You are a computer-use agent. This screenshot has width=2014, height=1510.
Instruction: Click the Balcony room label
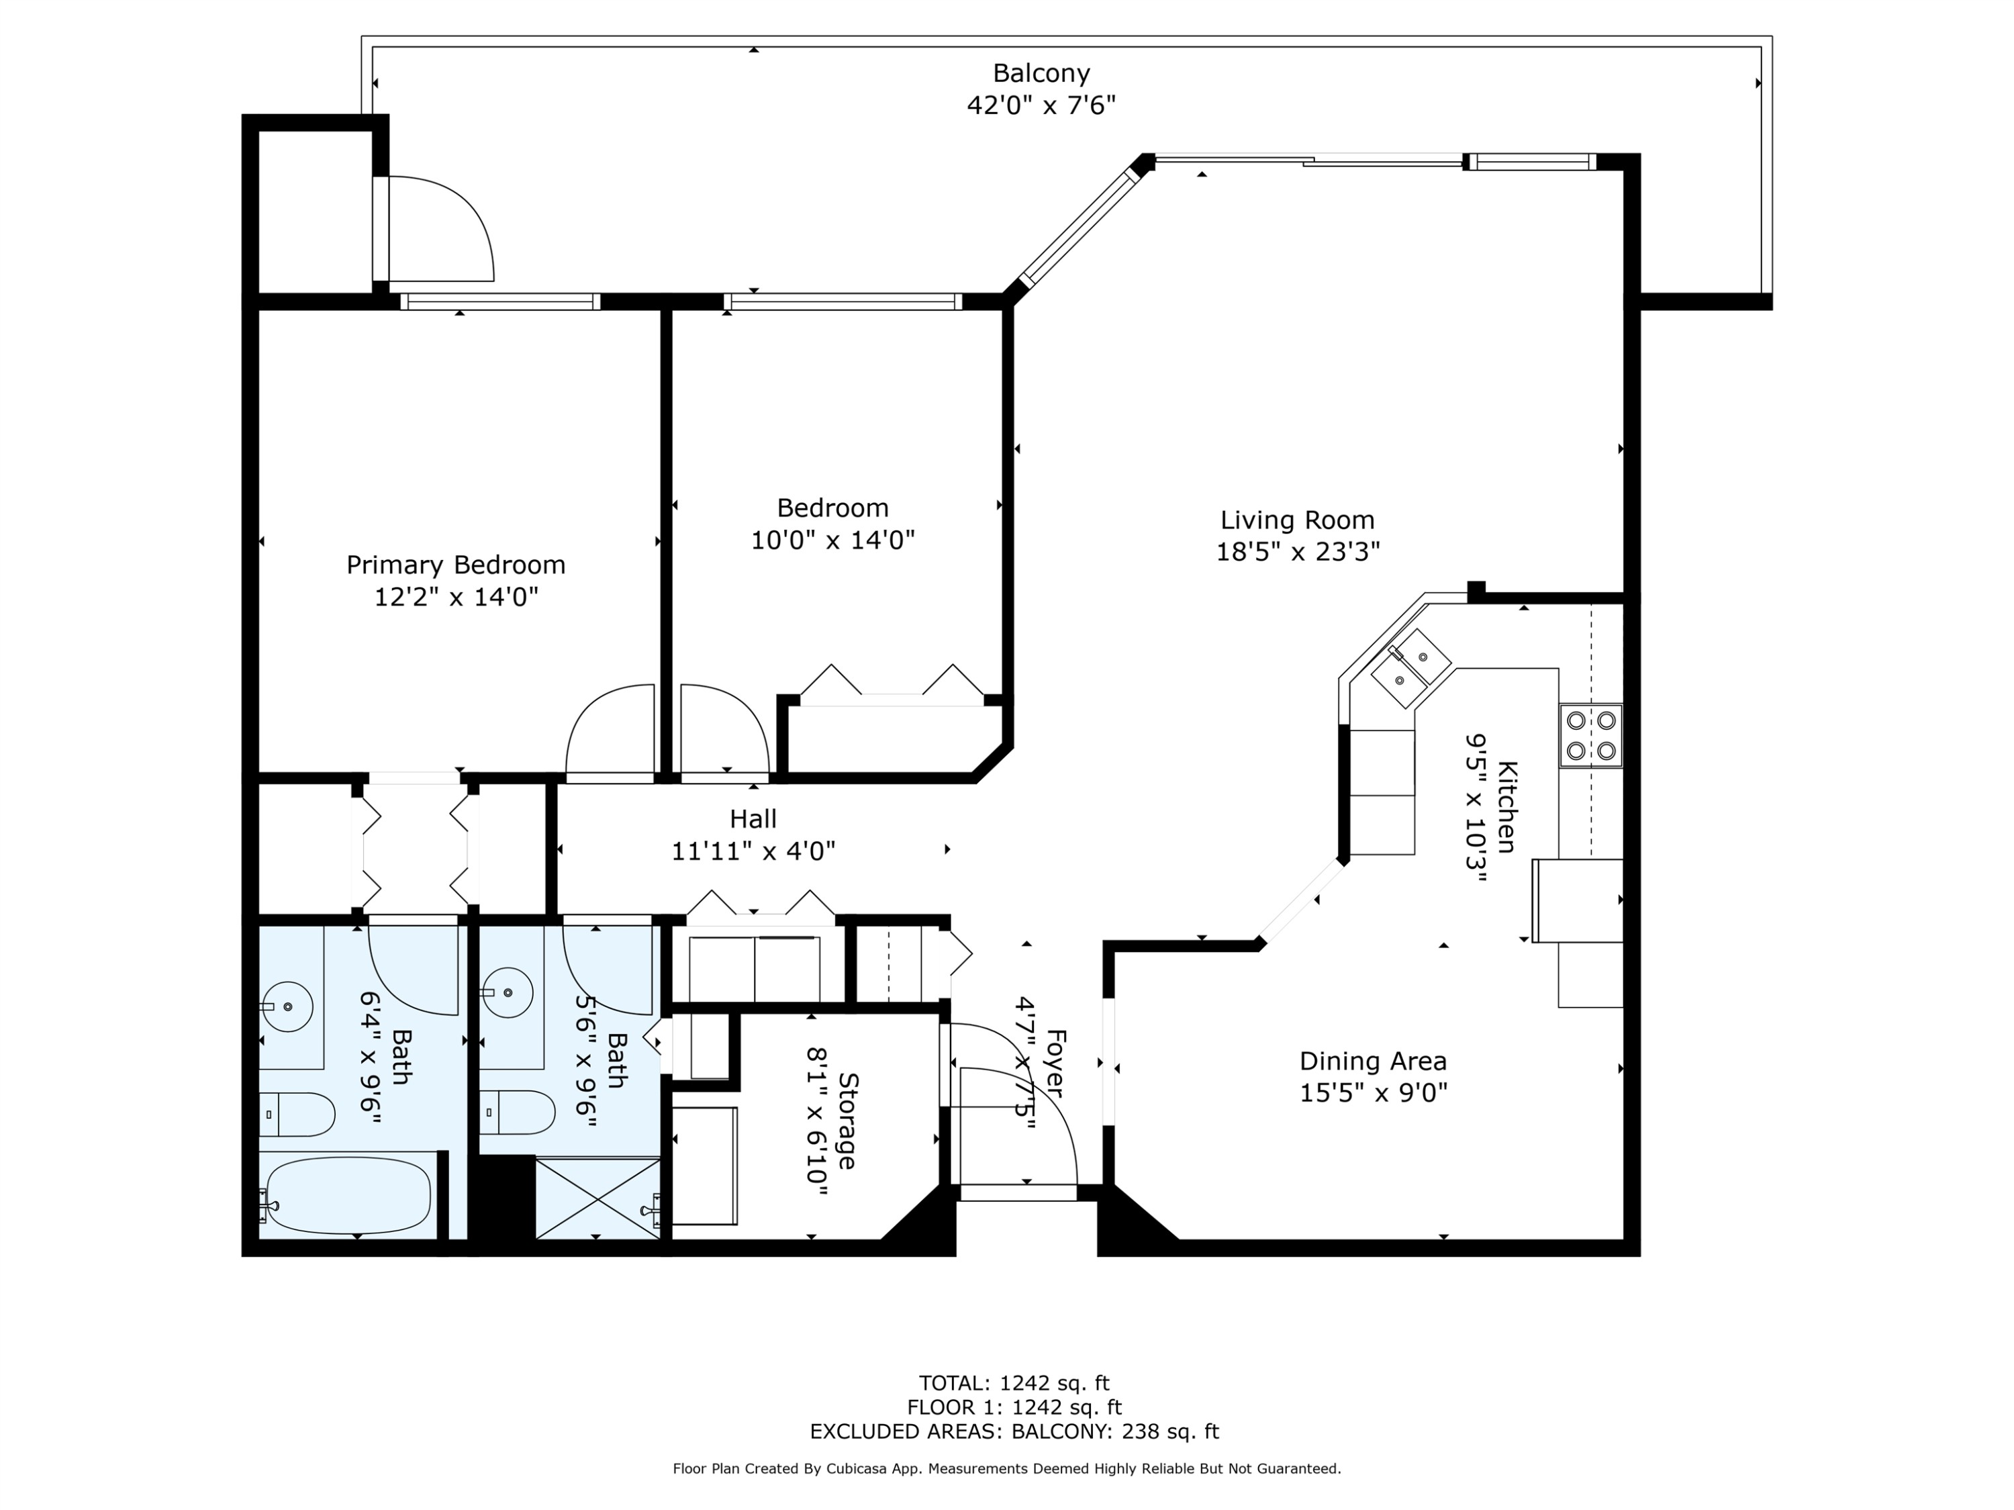(1041, 73)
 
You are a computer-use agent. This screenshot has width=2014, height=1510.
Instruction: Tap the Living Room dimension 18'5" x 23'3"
(1298, 552)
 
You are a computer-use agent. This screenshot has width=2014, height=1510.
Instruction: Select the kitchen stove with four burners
(1590, 736)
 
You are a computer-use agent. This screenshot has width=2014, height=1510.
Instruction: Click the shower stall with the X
(597, 1198)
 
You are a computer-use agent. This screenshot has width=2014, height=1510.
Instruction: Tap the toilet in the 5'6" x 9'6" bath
(519, 1112)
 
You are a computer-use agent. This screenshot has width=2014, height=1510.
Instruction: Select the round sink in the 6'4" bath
(287, 1006)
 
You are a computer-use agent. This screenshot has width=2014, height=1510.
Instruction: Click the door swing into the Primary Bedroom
(608, 734)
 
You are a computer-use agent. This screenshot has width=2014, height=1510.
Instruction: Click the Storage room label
(847, 1121)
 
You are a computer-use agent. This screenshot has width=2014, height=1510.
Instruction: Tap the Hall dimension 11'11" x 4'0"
(753, 851)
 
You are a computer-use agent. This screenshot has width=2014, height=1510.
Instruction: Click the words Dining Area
(1372, 1061)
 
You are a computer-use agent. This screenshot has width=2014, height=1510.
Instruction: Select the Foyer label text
(1055, 1063)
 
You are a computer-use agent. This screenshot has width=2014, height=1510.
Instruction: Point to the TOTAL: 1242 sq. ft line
(1013, 1383)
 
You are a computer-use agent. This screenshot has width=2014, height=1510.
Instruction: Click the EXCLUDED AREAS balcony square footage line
(1013, 1431)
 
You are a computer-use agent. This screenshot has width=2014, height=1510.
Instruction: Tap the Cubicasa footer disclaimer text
(1006, 1468)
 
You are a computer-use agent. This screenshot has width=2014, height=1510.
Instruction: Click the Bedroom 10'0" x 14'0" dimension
(832, 540)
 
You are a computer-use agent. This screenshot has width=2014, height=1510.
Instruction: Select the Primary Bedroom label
(455, 565)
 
